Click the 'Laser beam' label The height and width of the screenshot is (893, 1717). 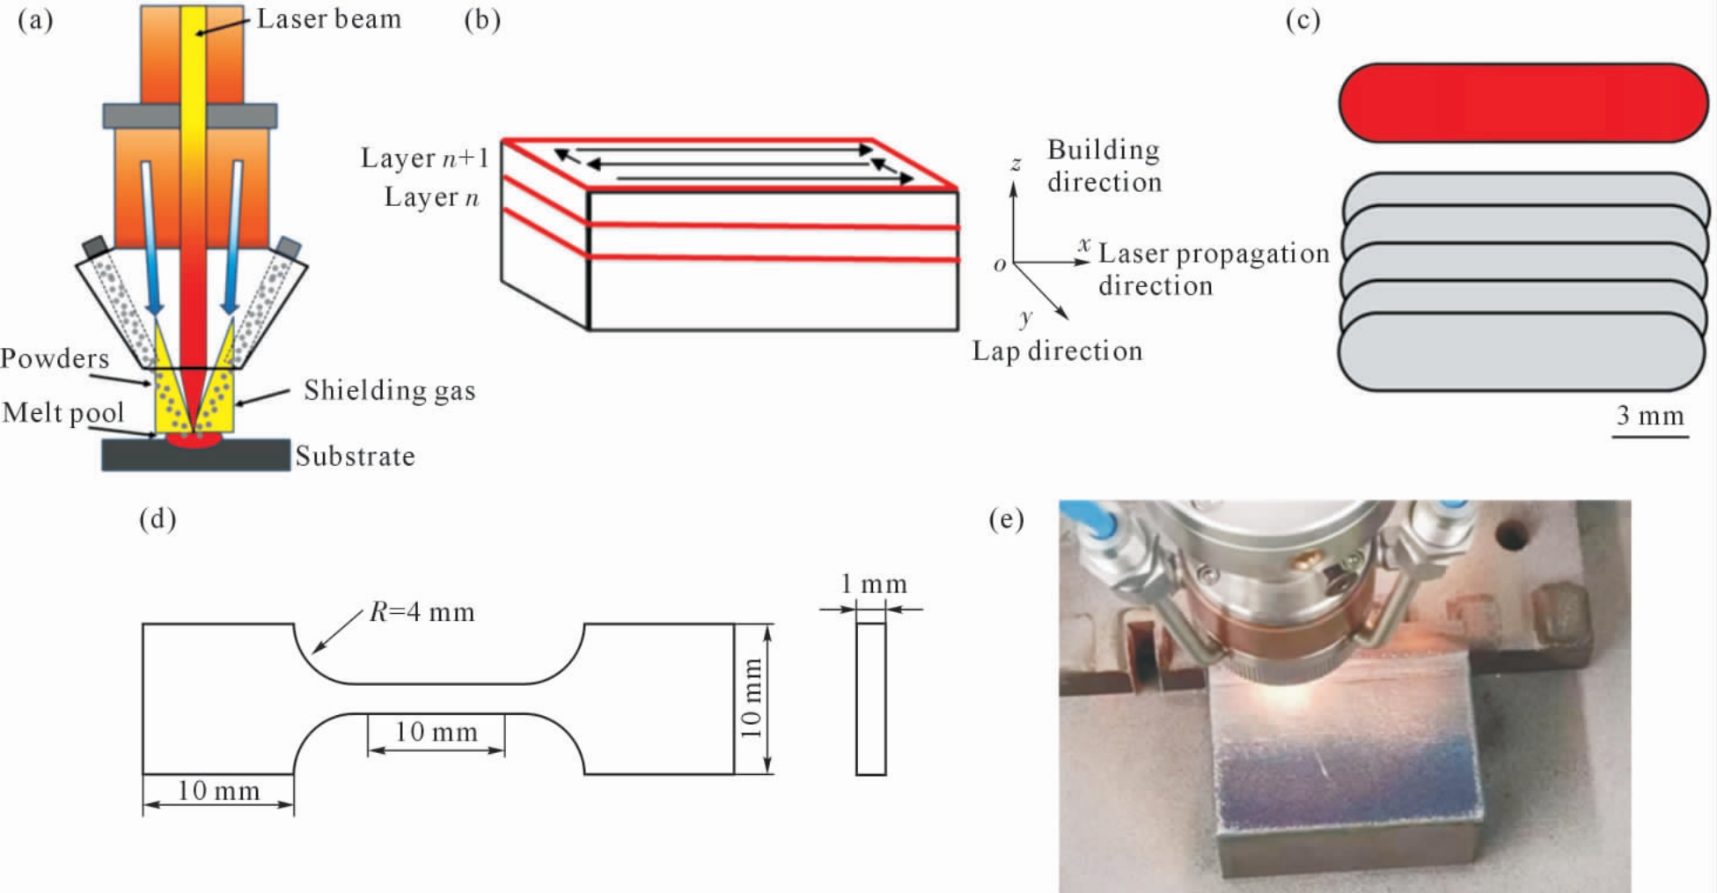[328, 18]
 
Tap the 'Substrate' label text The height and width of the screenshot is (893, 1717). [355, 455]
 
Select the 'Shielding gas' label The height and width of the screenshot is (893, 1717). [389, 390]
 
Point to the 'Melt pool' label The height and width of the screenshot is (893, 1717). [62, 413]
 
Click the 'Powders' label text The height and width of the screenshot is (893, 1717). [55, 358]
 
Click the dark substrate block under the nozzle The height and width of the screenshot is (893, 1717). [195, 455]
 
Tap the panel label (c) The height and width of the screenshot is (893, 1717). [1302, 19]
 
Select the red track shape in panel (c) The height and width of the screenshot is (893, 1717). [1523, 103]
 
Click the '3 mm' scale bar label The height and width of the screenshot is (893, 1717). [1650, 415]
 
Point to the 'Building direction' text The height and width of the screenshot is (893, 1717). [1104, 166]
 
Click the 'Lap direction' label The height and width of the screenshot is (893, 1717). [1057, 351]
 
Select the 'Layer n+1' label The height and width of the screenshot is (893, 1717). [424, 158]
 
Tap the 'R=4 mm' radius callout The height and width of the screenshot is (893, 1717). [422, 611]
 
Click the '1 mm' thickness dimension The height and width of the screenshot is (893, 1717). [873, 584]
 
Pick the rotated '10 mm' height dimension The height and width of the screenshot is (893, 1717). [750, 698]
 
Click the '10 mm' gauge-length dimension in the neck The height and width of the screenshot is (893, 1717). [436, 732]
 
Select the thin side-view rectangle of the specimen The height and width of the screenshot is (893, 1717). [871, 699]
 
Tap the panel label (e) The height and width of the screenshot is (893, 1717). [1006, 519]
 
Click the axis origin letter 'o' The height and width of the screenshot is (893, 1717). [1000, 264]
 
